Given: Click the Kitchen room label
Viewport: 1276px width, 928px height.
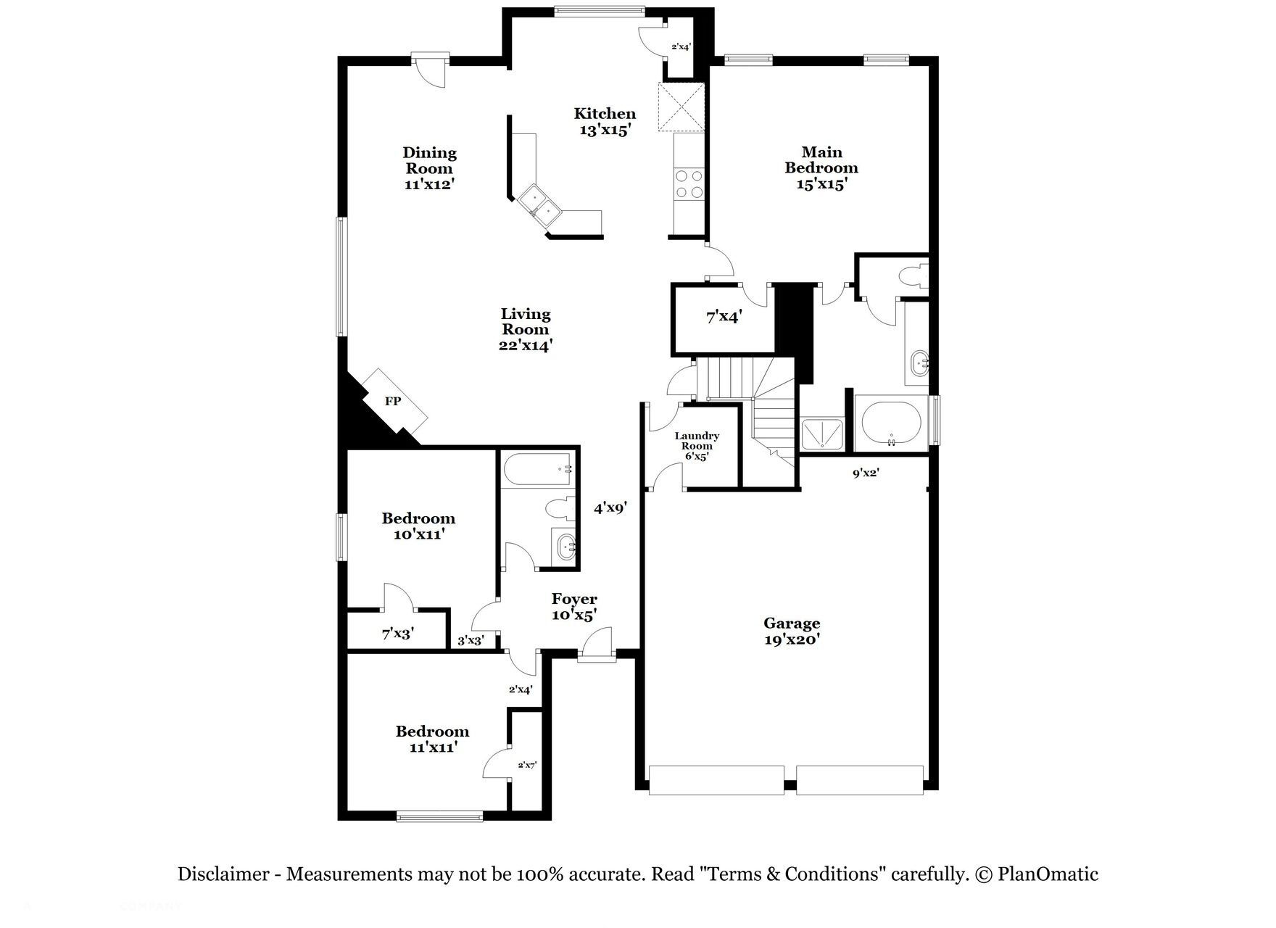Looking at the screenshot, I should [605, 121].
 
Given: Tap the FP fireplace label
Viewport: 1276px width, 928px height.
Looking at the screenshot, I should [392, 401].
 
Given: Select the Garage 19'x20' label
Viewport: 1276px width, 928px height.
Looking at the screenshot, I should [792, 631].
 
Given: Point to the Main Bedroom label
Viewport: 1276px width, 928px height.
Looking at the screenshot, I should [821, 167].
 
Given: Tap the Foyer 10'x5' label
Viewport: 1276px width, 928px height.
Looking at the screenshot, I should [574, 607].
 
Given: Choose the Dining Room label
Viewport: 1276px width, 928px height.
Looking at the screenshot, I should [430, 167].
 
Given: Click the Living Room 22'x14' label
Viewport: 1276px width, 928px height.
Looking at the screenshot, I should [526, 329].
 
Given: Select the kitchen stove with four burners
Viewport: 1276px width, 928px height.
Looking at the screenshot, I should [689, 183].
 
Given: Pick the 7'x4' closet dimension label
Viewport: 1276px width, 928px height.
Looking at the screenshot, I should [724, 317].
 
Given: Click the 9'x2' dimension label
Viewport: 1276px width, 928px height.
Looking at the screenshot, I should [866, 473].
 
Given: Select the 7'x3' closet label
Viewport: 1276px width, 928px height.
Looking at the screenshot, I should [398, 634].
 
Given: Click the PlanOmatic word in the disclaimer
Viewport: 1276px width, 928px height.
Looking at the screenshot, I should [1048, 874].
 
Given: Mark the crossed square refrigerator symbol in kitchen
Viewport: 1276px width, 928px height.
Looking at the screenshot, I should [681, 107].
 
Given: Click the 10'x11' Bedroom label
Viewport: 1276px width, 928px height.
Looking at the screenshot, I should [418, 526].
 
